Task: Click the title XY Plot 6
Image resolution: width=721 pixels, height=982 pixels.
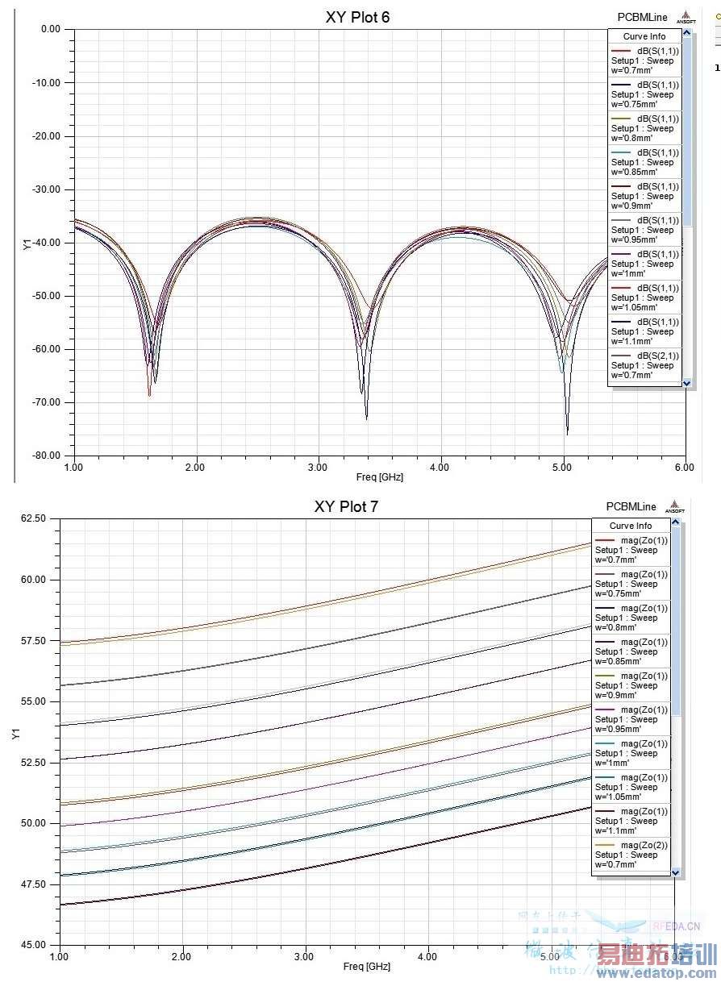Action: (x=357, y=17)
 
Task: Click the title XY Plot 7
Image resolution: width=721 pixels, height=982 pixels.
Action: (x=346, y=506)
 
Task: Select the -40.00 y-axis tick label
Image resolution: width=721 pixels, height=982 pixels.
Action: (x=45, y=243)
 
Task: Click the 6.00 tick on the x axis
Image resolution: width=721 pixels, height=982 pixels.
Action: (x=684, y=467)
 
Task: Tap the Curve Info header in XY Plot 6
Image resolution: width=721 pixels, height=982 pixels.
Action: (x=644, y=36)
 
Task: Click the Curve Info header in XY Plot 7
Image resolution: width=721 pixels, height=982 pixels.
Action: (x=631, y=526)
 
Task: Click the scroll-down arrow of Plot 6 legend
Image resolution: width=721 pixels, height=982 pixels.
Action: (x=687, y=383)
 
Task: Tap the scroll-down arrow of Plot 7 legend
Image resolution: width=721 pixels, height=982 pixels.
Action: (x=676, y=872)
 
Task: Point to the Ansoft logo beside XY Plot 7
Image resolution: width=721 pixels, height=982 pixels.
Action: (x=673, y=508)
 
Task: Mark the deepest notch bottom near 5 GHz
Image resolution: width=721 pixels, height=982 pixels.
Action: (x=567, y=434)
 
